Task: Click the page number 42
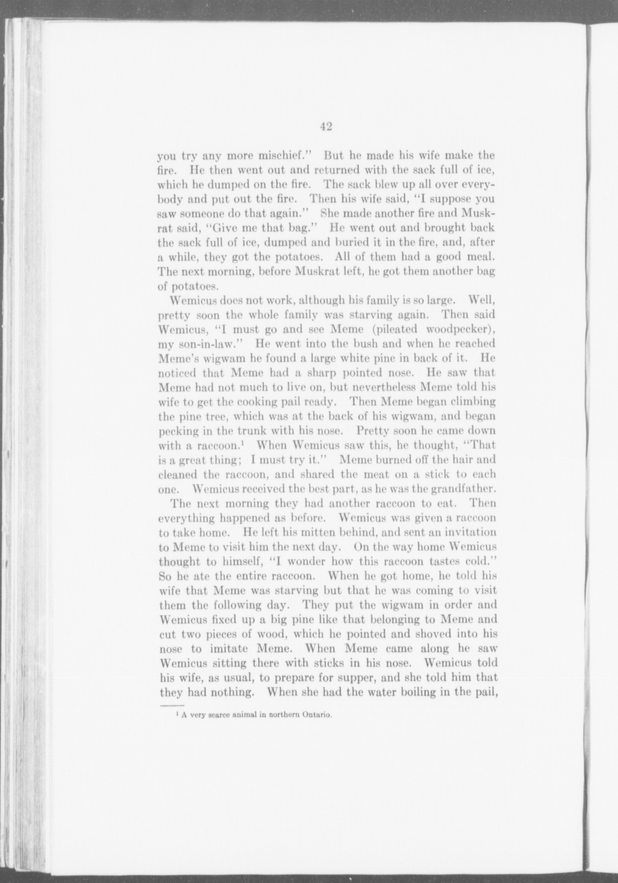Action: click(326, 127)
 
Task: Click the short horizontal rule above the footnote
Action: click(172, 705)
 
